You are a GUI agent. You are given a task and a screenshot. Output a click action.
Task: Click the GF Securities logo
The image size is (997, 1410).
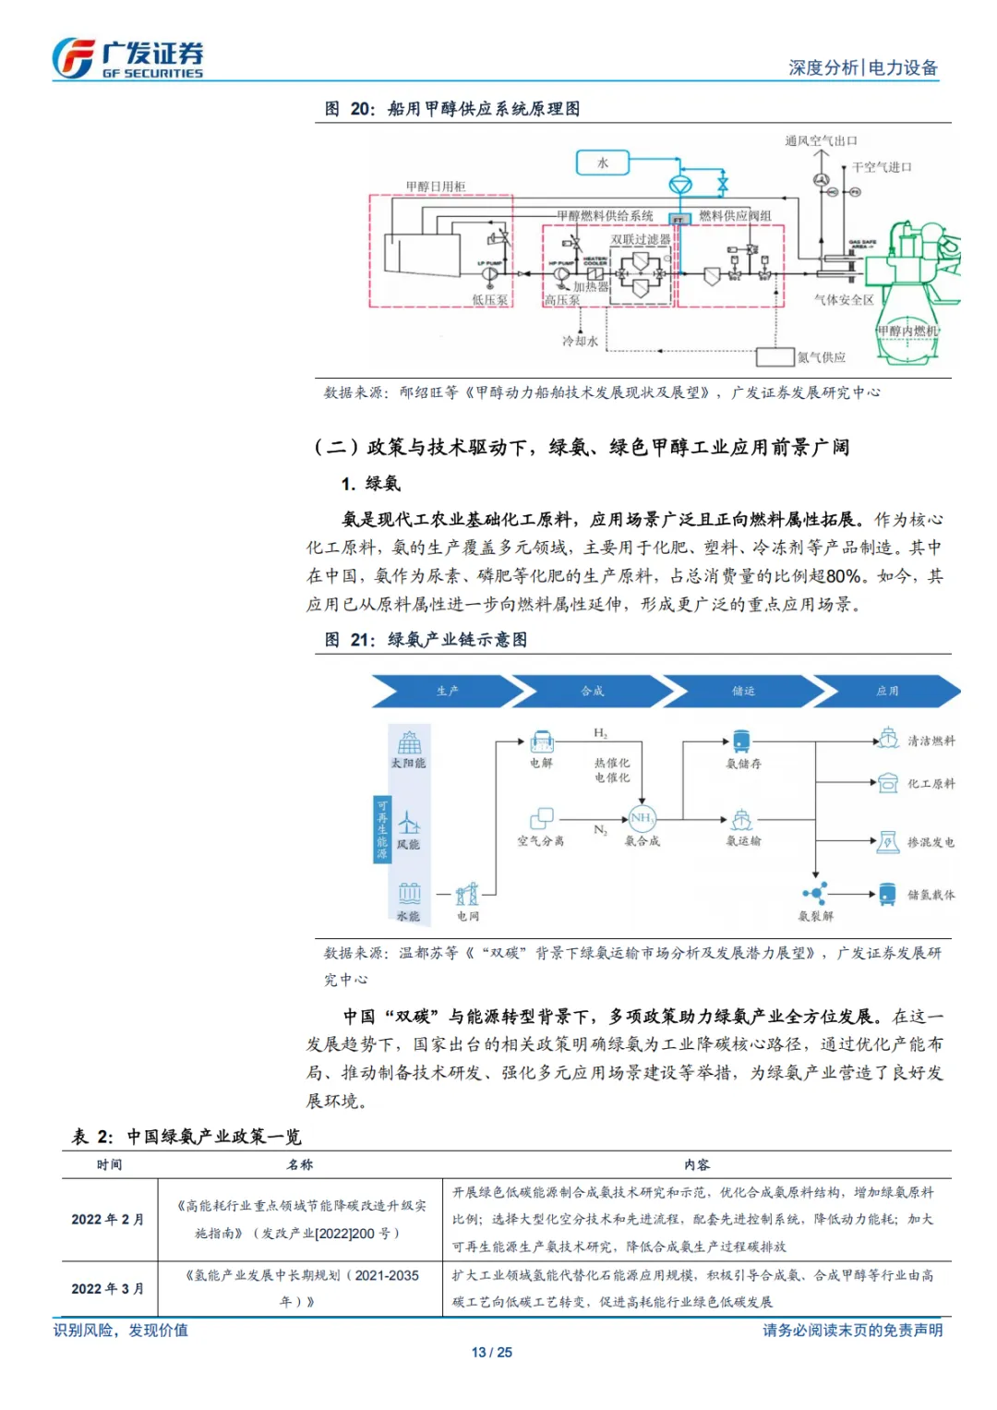click(126, 58)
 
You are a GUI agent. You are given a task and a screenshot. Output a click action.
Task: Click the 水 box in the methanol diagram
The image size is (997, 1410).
click(602, 163)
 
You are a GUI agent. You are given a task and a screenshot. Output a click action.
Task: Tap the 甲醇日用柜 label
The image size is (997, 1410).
click(436, 187)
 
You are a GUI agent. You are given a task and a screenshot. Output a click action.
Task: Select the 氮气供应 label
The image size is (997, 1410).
click(821, 357)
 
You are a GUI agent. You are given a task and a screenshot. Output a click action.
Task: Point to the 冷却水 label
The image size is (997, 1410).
click(580, 341)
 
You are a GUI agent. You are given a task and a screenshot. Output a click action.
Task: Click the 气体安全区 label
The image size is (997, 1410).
click(844, 300)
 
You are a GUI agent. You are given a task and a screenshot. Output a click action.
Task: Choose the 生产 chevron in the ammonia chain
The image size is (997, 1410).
click(448, 691)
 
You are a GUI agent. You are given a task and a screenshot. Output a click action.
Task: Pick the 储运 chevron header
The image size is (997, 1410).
click(743, 691)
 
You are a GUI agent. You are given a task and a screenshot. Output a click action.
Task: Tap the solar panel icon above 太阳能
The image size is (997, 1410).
click(409, 742)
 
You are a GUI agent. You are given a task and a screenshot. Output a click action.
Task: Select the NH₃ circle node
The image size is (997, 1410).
click(642, 818)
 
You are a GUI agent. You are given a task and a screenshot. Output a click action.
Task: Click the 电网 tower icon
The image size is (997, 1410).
click(468, 894)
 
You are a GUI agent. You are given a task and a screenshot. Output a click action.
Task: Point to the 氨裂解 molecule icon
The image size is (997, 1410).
click(815, 893)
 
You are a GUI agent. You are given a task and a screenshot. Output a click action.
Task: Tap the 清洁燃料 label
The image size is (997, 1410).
click(931, 741)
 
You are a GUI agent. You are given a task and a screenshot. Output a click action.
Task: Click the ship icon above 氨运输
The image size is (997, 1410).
click(742, 820)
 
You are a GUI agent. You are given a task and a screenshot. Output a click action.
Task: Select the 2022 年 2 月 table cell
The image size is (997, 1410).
click(108, 1219)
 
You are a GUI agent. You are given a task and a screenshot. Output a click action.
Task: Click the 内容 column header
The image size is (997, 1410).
click(697, 1164)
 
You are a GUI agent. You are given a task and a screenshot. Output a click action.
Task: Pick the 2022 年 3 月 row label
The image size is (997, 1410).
click(108, 1288)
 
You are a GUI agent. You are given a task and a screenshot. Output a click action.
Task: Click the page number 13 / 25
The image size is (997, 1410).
click(491, 1352)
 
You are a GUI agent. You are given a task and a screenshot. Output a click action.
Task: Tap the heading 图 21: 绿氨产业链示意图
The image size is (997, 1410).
click(426, 639)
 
